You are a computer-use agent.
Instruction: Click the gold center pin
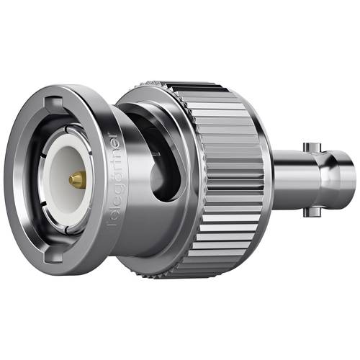point(76,179)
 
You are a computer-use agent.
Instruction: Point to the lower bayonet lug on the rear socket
point(311,212)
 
